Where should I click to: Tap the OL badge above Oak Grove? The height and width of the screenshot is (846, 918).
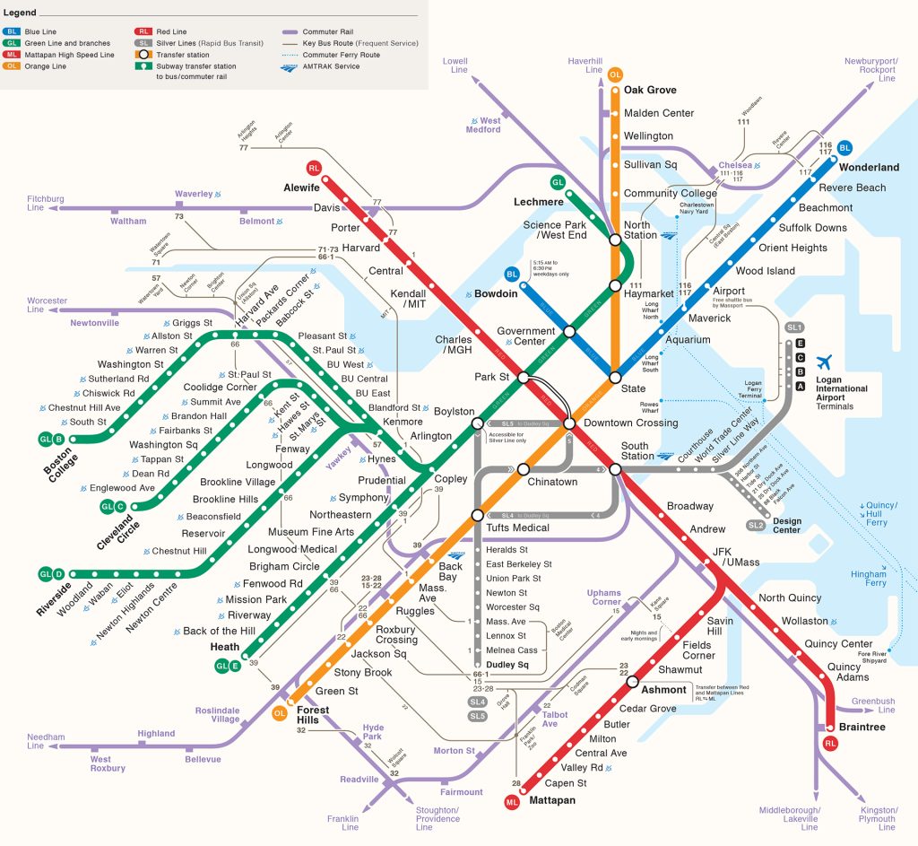(x=615, y=74)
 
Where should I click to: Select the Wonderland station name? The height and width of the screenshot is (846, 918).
(x=869, y=167)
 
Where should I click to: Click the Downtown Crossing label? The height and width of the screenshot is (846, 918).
(x=630, y=423)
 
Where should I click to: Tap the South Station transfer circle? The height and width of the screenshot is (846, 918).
(x=615, y=469)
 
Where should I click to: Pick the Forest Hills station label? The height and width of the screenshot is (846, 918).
(x=313, y=715)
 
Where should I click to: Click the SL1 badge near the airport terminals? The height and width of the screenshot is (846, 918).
(x=793, y=328)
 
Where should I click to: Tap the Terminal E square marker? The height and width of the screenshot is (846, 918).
(x=800, y=344)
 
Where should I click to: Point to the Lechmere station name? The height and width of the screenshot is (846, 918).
(x=538, y=202)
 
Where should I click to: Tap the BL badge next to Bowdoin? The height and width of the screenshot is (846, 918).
(x=512, y=274)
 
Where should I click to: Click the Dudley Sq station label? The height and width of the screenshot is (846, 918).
(x=507, y=665)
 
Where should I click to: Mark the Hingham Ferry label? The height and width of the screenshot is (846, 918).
(x=868, y=578)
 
